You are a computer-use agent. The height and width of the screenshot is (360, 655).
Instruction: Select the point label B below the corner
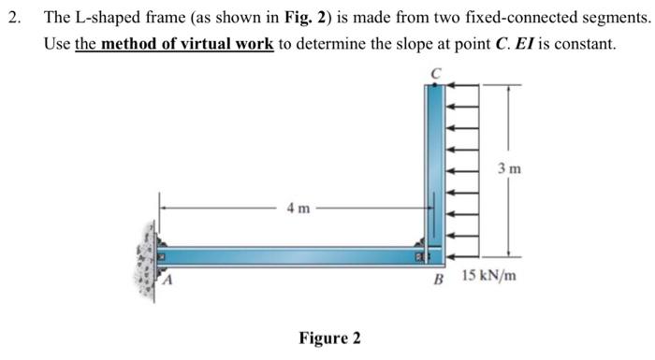pos(436,279)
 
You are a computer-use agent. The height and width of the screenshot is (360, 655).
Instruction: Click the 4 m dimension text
pos(301,209)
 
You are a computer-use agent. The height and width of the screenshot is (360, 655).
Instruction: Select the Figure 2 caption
pos(328,337)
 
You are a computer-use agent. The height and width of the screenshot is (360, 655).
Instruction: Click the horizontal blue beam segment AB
pos(290,254)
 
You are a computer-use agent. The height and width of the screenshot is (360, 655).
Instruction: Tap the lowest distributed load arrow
pos(463,254)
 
